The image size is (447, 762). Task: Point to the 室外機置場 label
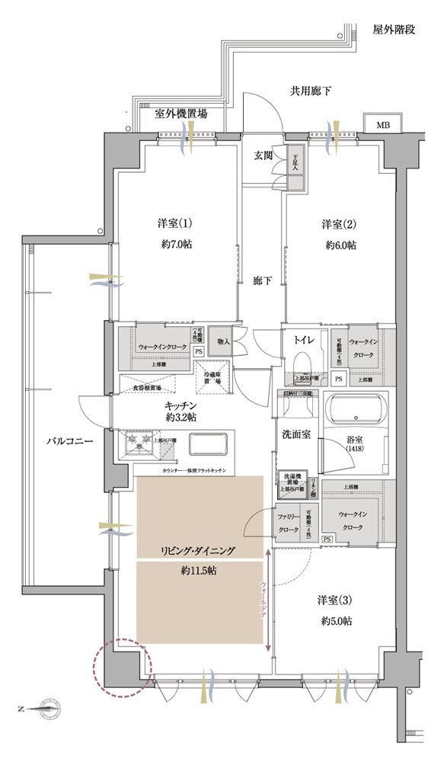[x=180, y=114]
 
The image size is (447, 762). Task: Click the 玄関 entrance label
[x=263, y=155]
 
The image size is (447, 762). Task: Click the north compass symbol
[x=49, y=708]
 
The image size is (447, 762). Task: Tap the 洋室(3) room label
[x=335, y=600]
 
